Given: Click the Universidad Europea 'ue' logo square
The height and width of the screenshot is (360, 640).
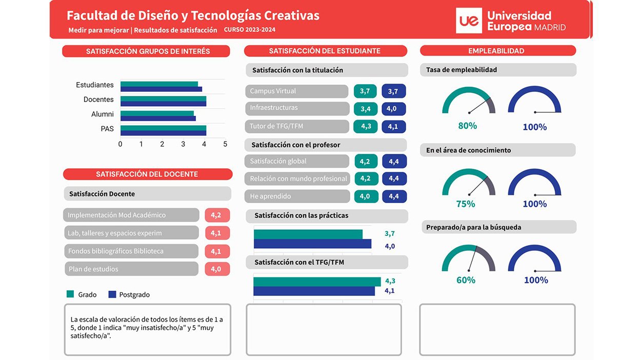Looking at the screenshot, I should tap(469, 21).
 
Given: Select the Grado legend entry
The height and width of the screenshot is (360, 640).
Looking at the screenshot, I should tap(82, 294).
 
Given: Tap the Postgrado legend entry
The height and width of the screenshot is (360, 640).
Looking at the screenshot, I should tap(129, 294).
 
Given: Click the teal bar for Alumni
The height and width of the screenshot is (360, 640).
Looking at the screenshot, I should tap(157, 113).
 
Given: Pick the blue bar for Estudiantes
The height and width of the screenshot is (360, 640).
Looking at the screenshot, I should tap(161, 89).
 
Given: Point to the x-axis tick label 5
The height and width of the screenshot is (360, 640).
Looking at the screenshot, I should tap(225, 144).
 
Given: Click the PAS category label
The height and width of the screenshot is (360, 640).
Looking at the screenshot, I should tap(107, 129).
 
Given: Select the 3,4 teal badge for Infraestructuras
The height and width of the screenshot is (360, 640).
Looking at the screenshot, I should tap(366, 109).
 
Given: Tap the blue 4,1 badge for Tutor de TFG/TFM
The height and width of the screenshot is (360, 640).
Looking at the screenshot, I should tap(393, 127).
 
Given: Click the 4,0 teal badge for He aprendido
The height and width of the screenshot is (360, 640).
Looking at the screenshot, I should tap(365, 196).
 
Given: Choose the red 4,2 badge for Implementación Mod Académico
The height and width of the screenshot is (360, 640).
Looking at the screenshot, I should tap(216, 215).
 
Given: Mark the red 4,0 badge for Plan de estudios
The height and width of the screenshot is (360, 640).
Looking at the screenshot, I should tap(216, 269).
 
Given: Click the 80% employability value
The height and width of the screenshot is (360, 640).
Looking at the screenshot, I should tap(467, 126).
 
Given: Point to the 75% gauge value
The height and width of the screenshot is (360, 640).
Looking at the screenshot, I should tap(466, 204).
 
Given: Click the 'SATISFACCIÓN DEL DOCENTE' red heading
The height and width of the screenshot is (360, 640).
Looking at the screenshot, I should tap(147, 174).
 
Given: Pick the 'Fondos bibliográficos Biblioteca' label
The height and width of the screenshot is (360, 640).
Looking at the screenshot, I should tap(116, 251).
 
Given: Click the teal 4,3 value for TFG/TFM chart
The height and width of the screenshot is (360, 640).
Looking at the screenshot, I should tap(390, 281).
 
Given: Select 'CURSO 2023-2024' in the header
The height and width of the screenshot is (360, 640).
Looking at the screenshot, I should tap(250, 30).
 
